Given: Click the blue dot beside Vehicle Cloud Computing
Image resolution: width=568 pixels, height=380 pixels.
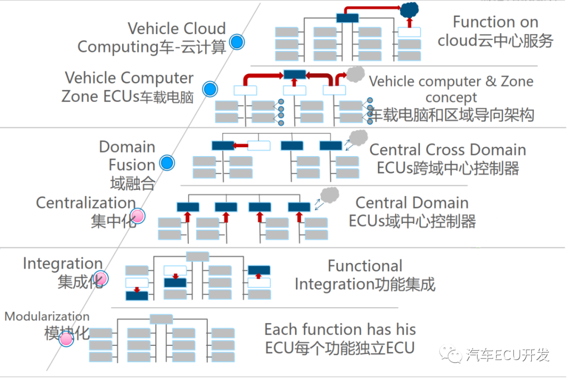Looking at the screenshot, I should pyautogui.click(x=237, y=42).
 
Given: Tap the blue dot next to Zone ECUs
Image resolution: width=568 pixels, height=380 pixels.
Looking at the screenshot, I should pyautogui.click(x=210, y=89).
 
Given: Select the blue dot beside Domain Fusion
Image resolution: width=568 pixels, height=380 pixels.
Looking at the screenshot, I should pyautogui.click(x=167, y=163).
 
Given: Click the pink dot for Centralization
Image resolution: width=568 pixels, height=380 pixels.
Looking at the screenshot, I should pyautogui.click(x=138, y=215).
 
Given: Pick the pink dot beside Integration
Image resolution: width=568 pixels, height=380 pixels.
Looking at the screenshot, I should pyautogui.click(x=100, y=278).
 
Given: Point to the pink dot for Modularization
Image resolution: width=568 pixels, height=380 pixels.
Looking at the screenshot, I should pyautogui.click(x=66, y=339).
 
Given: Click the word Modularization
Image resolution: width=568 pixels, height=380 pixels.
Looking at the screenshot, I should pyautogui.click(x=47, y=316).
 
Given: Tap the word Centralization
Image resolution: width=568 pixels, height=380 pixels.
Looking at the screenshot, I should pyautogui.click(x=86, y=202).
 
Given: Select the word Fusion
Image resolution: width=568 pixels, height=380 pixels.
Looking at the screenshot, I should pyautogui.click(x=131, y=165).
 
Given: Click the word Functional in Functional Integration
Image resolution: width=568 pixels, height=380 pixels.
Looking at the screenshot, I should pyautogui.click(x=364, y=266).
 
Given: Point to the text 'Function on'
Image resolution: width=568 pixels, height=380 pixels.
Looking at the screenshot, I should pyautogui.click(x=495, y=22).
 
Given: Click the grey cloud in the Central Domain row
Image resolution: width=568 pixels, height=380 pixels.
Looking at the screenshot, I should pyautogui.click(x=330, y=195).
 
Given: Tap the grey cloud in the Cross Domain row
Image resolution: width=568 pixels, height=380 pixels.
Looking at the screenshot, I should pyautogui.click(x=359, y=137).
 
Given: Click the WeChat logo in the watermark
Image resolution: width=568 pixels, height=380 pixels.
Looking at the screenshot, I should pyautogui.click(x=452, y=355).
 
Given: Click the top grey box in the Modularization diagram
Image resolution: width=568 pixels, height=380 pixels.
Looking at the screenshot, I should pyautogui.click(x=161, y=319).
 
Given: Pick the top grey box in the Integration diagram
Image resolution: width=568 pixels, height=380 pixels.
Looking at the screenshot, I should pyautogui.click(x=197, y=256).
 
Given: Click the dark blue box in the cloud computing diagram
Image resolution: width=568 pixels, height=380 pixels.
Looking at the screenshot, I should pyautogui.click(x=347, y=17).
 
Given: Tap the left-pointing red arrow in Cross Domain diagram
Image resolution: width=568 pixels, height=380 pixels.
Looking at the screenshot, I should pyautogui.click(x=241, y=146).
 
